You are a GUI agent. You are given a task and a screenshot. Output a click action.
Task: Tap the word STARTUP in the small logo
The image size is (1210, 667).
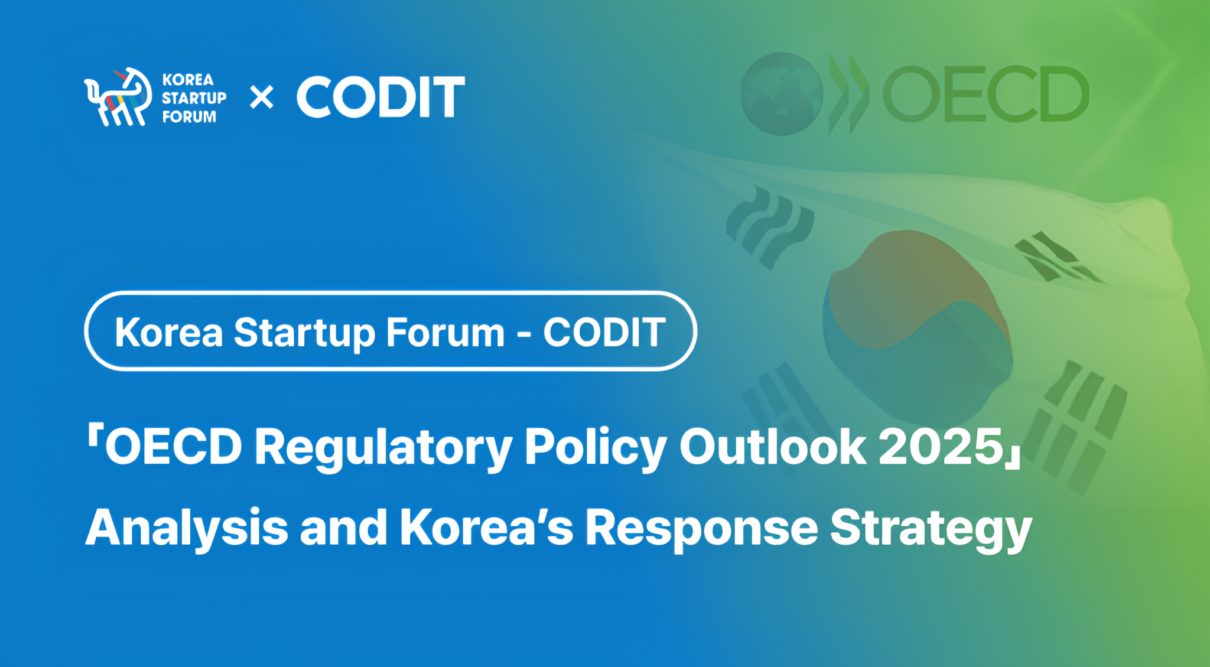[194, 98]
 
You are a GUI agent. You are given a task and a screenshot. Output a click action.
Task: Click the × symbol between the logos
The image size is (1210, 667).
[261, 97]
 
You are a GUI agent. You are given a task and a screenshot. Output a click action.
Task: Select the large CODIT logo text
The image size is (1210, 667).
[380, 97]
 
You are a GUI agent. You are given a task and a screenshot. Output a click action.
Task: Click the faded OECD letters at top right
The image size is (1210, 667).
[985, 95]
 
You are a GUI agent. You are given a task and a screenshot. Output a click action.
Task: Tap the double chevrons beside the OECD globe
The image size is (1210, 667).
[848, 95]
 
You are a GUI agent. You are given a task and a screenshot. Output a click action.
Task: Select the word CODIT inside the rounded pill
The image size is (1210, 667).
[604, 332]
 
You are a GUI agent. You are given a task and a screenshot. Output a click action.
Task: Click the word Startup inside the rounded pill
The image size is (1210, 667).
[304, 333]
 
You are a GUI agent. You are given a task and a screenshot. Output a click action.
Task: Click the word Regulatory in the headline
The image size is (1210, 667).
[383, 448]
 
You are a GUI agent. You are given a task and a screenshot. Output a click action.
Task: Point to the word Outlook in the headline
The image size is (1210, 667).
[773, 447]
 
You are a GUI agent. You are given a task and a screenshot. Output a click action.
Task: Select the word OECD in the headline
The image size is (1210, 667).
[174, 447]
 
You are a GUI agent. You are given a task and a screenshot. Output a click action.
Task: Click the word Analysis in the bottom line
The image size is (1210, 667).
[187, 528]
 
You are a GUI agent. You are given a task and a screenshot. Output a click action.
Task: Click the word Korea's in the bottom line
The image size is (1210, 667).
[486, 527]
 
